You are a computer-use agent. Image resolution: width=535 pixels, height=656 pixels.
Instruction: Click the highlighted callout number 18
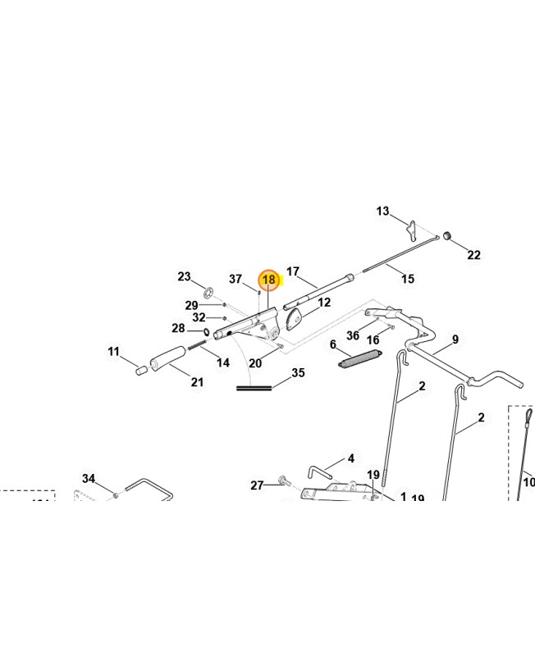[x=268, y=280]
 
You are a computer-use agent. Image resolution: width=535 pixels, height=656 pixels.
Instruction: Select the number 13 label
[x=383, y=212]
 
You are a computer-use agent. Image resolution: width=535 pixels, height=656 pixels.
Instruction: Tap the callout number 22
[x=473, y=255]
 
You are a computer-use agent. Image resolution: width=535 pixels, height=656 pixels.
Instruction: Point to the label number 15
[x=407, y=280]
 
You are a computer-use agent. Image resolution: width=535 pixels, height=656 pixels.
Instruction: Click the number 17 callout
[x=293, y=271]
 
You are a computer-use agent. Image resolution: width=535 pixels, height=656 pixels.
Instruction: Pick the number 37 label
[x=235, y=280]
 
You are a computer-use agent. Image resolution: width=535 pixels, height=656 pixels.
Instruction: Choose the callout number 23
[x=184, y=276]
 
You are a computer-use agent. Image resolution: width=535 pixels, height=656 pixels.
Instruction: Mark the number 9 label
[x=455, y=339]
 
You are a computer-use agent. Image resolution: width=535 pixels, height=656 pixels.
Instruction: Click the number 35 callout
[x=298, y=373]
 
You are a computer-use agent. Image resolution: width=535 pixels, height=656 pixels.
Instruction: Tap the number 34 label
[x=89, y=478]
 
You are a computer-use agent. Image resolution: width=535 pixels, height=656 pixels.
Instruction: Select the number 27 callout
[x=257, y=485]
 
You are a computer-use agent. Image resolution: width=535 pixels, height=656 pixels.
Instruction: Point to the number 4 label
[x=350, y=458]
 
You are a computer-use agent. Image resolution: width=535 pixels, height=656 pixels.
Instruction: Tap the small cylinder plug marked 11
[x=140, y=370]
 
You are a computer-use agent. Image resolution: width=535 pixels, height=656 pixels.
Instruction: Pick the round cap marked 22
[x=449, y=237]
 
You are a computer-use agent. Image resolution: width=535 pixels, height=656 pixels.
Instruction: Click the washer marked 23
[x=208, y=293]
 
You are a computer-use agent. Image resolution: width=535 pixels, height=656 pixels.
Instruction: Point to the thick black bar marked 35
[x=254, y=387]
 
